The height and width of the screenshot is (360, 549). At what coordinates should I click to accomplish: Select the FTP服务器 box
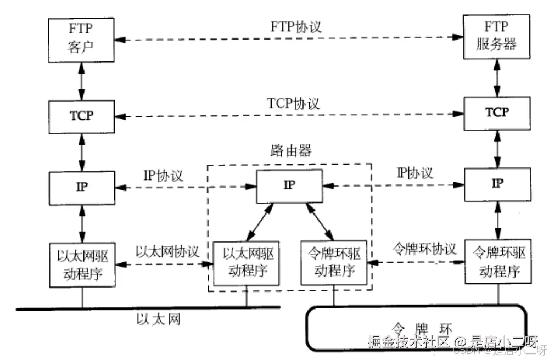pos(497,37)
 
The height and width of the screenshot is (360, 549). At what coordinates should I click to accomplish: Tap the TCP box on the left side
pos(82,116)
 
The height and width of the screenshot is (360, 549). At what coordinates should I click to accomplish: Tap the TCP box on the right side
pos(497,113)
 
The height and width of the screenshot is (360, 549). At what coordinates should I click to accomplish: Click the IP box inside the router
pos(289,185)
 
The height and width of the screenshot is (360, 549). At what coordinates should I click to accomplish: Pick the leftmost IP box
pos(82,187)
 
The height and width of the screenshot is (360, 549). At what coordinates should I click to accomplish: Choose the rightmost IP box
pos(497,184)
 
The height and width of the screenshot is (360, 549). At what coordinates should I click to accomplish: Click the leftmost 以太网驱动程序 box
pos(82,265)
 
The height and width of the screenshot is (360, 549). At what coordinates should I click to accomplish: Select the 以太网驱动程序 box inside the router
pos(246,263)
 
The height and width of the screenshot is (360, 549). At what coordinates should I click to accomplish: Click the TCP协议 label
pos(293,103)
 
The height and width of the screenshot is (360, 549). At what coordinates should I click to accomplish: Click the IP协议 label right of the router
pos(414,173)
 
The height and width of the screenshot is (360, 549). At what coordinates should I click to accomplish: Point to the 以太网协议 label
pos(167,251)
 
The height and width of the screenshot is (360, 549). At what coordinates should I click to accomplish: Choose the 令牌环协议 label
pos(424,249)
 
